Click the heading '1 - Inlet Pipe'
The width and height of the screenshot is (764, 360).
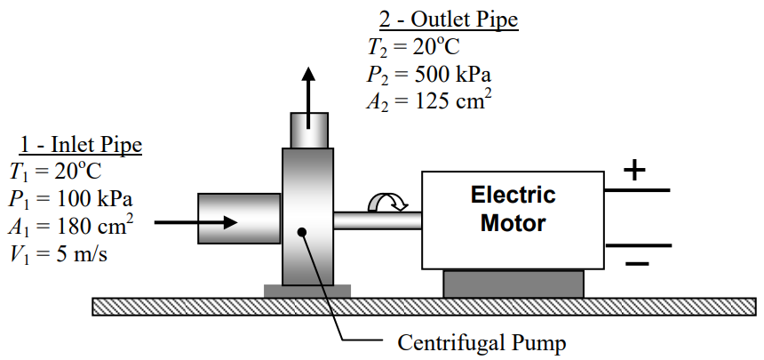[x=81, y=145]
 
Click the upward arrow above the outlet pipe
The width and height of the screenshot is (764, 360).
[x=308, y=89]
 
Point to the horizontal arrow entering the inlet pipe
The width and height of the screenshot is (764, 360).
[x=195, y=222]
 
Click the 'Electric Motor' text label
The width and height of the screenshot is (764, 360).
[x=513, y=208]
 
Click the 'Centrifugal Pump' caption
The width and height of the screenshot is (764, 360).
[x=481, y=341]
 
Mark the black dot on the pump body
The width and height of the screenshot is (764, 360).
[x=303, y=232]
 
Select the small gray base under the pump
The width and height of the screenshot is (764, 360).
[x=307, y=291]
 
